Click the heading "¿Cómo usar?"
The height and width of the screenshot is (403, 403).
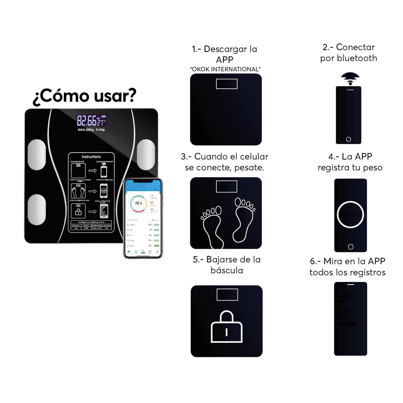[x=85, y=96]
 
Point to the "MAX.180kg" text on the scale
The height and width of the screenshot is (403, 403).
[x=86, y=130]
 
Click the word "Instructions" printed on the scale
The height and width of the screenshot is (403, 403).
[x=91, y=157]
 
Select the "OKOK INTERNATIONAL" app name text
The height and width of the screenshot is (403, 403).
[x=225, y=69]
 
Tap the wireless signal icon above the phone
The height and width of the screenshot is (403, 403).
[x=350, y=78]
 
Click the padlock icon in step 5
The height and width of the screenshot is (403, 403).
[x=226, y=327]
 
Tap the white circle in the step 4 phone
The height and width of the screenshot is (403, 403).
[x=351, y=214]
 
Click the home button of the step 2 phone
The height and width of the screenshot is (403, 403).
[x=348, y=139]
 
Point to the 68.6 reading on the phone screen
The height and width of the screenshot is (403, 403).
[x=139, y=203]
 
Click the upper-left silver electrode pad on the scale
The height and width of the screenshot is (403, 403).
[x=37, y=155]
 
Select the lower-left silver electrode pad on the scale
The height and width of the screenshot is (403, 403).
[x=37, y=209]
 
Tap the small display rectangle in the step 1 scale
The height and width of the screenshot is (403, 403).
[x=226, y=84]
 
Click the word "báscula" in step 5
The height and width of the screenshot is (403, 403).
[x=227, y=270]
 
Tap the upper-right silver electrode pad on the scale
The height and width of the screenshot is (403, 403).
[x=146, y=154]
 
